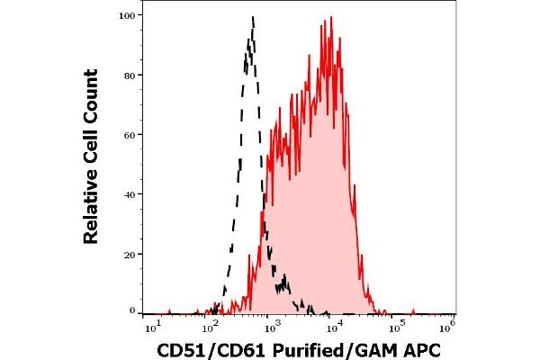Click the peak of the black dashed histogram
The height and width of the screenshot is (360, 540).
253,16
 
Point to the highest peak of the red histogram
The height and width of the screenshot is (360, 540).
331,16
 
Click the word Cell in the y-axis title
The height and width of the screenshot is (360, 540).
90,138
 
